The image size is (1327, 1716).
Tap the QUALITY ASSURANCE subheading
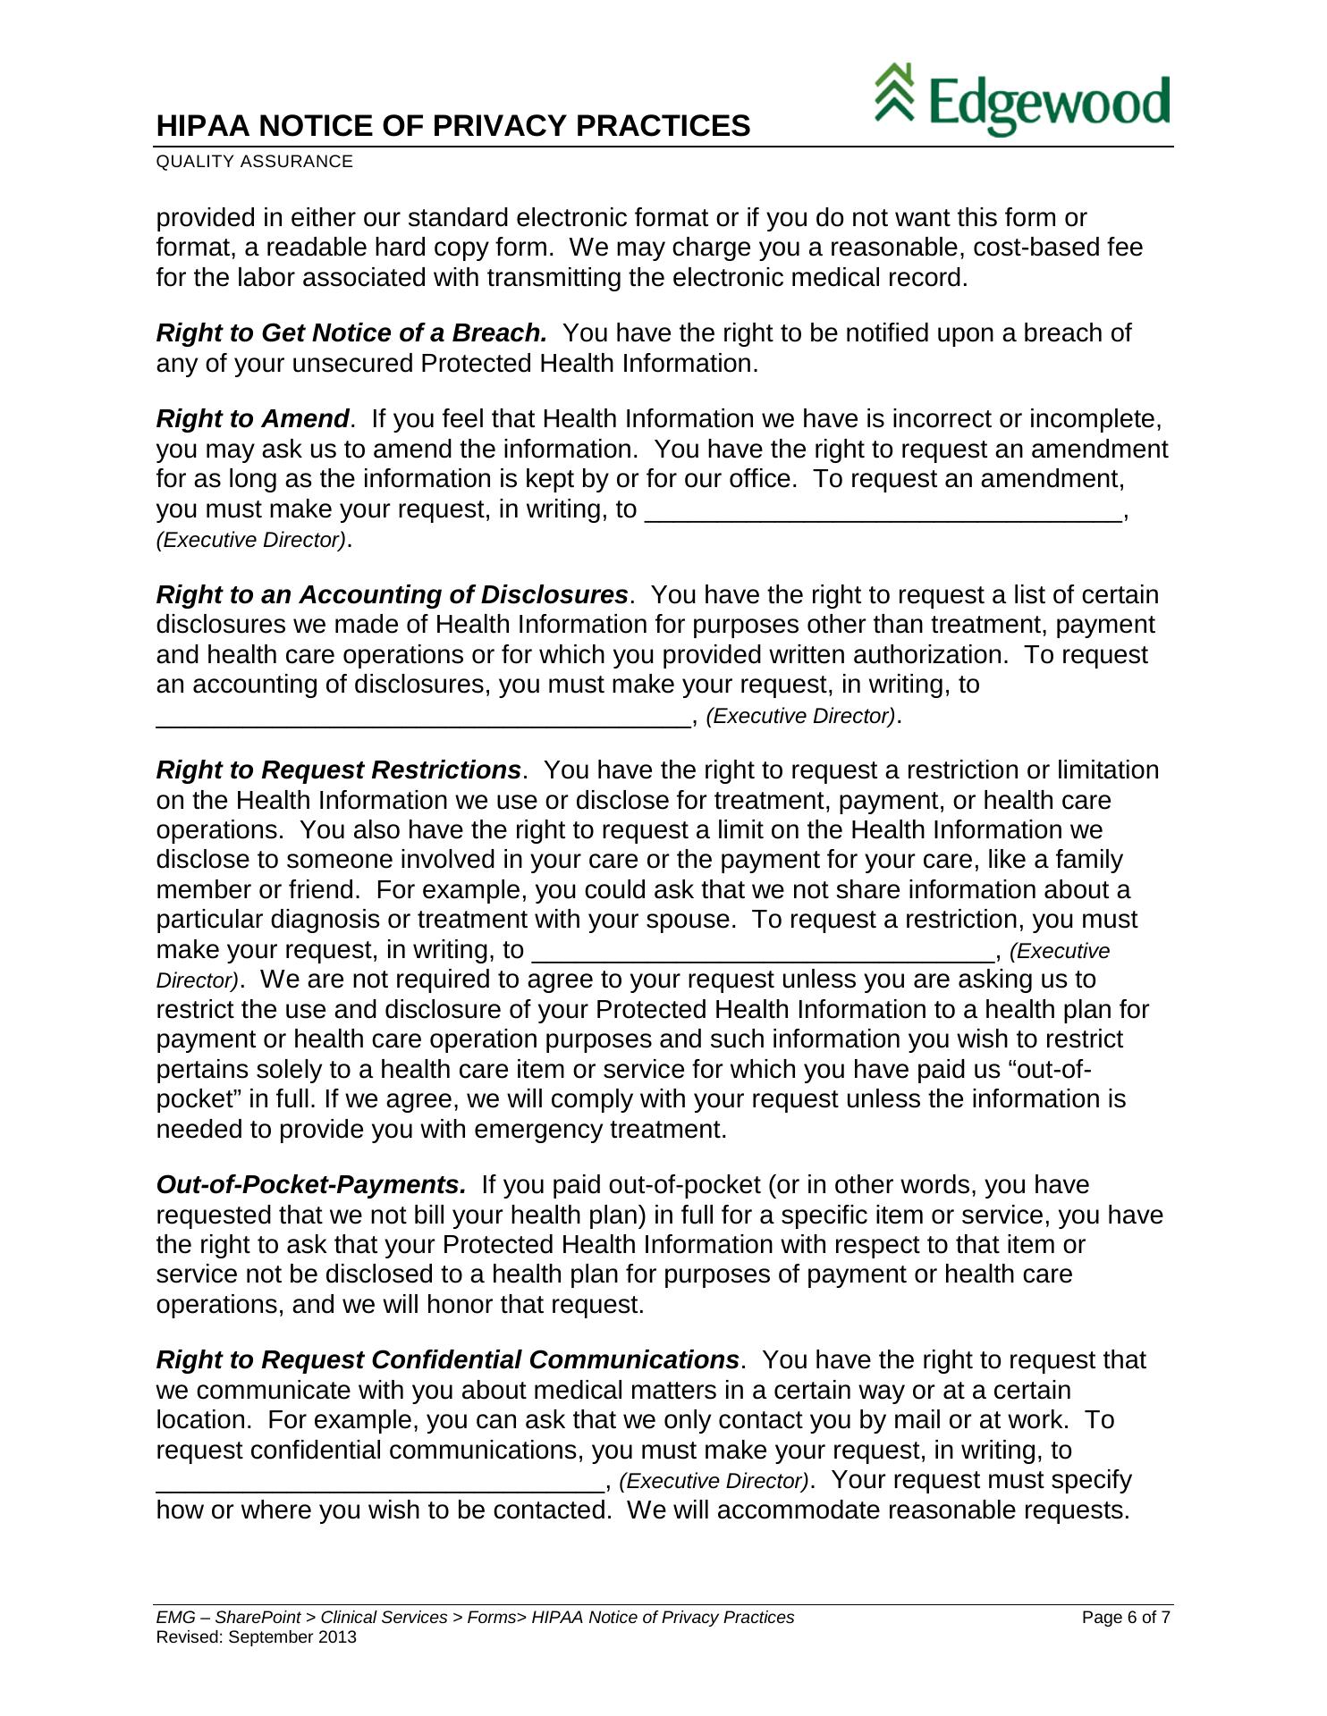tap(254, 162)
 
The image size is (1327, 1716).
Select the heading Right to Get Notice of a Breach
tap(351, 333)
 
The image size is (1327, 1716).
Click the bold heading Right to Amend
tap(252, 419)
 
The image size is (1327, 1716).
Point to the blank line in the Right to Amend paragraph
tap(882, 511)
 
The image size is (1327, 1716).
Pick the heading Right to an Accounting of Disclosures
tap(392, 595)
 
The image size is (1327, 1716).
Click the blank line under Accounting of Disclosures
tap(424, 718)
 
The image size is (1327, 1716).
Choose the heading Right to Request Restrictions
tap(338, 770)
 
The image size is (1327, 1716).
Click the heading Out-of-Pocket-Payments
tap(311, 1185)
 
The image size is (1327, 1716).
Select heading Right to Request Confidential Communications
tap(447, 1360)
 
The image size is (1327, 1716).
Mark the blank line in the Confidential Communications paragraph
tap(380, 1482)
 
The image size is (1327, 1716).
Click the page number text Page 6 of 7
tap(1126, 1618)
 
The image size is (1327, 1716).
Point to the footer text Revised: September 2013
tap(256, 1637)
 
